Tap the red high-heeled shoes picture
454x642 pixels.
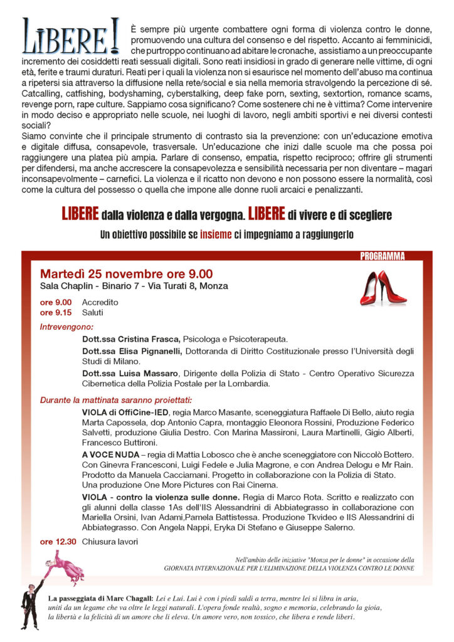tap(383, 288)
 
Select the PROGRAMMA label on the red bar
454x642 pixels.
tap(383, 256)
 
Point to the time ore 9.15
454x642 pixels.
tap(55, 312)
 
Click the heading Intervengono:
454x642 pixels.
tap(66, 327)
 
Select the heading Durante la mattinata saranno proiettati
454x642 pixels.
tap(117, 399)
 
